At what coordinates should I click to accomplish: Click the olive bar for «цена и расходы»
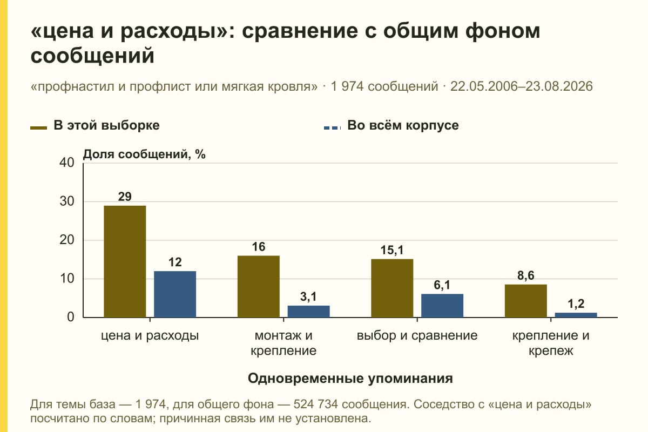click(x=125, y=261)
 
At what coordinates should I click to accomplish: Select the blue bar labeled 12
click(x=175, y=294)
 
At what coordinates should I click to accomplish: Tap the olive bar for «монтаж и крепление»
click(x=258, y=286)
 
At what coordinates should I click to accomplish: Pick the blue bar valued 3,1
click(x=308, y=312)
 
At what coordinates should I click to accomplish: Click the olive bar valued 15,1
click(x=392, y=288)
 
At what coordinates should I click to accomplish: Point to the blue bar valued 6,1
click(x=442, y=306)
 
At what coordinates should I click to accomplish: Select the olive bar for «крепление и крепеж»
click(x=525, y=301)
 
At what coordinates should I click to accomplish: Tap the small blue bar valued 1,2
click(x=576, y=315)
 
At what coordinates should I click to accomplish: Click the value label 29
click(x=125, y=197)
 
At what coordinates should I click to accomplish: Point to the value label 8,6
click(x=525, y=275)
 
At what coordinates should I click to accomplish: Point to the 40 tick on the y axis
click(x=67, y=163)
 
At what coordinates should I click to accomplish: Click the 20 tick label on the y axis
click(x=67, y=240)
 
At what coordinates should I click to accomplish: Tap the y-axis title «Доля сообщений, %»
click(x=144, y=154)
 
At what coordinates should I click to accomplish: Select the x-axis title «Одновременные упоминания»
click(x=350, y=379)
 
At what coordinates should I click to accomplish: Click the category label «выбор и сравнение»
click(x=417, y=336)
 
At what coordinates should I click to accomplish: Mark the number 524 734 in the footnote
click(x=315, y=404)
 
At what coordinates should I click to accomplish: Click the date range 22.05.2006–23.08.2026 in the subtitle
click(x=521, y=86)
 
